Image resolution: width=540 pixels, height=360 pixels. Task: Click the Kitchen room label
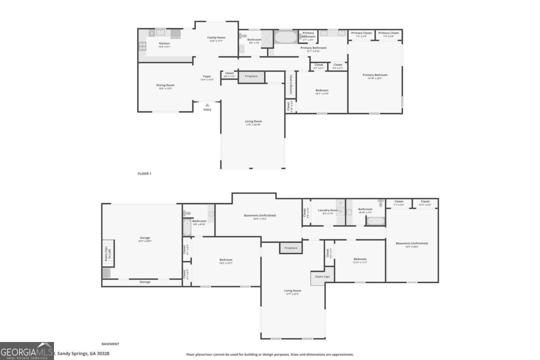(x=164, y=44)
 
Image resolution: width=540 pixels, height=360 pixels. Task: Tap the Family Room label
(x=216, y=38)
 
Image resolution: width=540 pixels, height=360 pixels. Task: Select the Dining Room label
(x=165, y=85)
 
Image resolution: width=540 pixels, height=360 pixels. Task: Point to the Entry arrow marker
(x=207, y=105)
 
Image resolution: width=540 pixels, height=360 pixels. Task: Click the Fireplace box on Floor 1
(x=251, y=76)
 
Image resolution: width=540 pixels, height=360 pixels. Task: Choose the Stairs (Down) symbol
(x=291, y=84)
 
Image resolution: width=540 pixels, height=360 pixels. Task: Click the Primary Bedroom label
(x=375, y=75)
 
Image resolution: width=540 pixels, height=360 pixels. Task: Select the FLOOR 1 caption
(x=144, y=173)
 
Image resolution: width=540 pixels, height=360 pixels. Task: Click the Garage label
(x=145, y=238)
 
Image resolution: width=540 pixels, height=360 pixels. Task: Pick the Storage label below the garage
(x=145, y=282)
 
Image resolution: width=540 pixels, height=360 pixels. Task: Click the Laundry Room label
(x=328, y=210)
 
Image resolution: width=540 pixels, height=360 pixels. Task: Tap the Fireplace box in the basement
(x=291, y=248)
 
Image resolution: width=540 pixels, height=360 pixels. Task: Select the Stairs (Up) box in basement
(x=322, y=277)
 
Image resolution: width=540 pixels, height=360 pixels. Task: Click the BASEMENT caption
(x=110, y=344)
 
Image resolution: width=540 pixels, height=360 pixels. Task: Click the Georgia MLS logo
(x=27, y=351)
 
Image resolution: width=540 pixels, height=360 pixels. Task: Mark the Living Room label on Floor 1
(x=253, y=121)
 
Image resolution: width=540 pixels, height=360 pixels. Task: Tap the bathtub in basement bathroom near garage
(x=187, y=227)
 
